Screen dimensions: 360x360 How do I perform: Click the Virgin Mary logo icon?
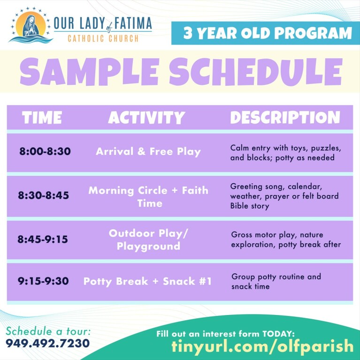[x=30, y=25]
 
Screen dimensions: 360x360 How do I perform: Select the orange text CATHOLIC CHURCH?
[x=103, y=38]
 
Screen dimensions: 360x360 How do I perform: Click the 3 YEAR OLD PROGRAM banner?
[x=265, y=33]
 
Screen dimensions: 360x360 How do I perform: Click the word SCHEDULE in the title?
[x=256, y=72]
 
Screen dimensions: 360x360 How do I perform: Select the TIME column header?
[x=42, y=118]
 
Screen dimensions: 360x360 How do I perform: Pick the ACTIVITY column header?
[x=146, y=118]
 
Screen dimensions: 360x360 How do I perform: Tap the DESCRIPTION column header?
[x=285, y=118]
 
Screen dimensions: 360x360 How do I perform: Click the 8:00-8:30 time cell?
[x=45, y=151]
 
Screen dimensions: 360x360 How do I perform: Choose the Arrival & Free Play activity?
[x=148, y=152]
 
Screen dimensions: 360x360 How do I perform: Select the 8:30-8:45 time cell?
[x=44, y=195]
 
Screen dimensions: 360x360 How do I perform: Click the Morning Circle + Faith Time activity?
[x=148, y=197]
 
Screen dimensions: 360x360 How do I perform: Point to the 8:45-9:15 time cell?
[x=43, y=239]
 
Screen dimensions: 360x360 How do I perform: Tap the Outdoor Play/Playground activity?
[x=148, y=240]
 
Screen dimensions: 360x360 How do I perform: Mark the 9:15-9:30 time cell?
[x=43, y=281]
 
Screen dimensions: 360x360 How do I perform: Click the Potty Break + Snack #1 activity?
[x=147, y=281]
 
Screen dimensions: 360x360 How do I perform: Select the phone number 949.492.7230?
[x=47, y=344]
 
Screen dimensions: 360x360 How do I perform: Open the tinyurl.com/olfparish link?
[x=262, y=346]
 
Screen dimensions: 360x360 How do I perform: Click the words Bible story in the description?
[x=250, y=206]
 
